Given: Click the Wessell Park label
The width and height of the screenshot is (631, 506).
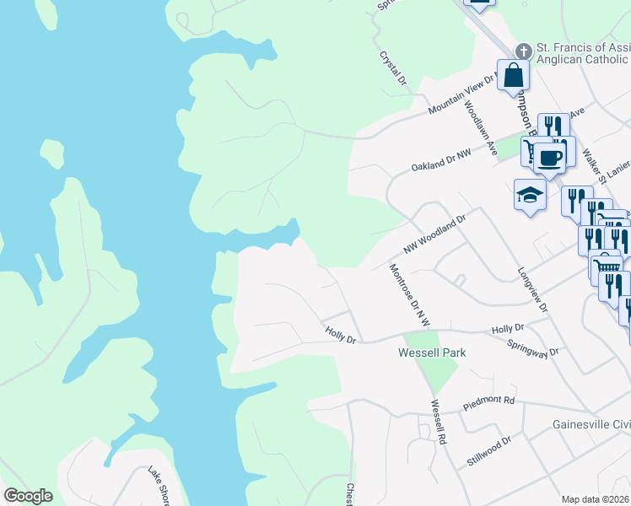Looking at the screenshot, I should [x=432, y=353].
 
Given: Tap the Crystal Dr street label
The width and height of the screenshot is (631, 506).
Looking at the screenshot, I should [x=392, y=67].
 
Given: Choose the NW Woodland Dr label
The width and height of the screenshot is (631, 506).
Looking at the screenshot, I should [x=434, y=234].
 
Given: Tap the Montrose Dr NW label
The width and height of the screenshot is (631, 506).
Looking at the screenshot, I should [x=410, y=295].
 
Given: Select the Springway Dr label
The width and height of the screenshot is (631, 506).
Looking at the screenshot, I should [x=533, y=348].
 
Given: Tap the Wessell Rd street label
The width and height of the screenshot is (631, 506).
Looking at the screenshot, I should [x=438, y=423].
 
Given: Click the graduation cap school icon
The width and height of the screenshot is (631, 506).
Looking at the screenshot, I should [x=529, y=195].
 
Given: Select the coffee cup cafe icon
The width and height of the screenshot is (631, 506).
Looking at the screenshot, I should [x=549, y=158].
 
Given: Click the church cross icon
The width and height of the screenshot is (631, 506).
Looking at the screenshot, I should [x=523, y=51].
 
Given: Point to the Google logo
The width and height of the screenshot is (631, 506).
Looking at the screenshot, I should [x=28, y=496].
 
